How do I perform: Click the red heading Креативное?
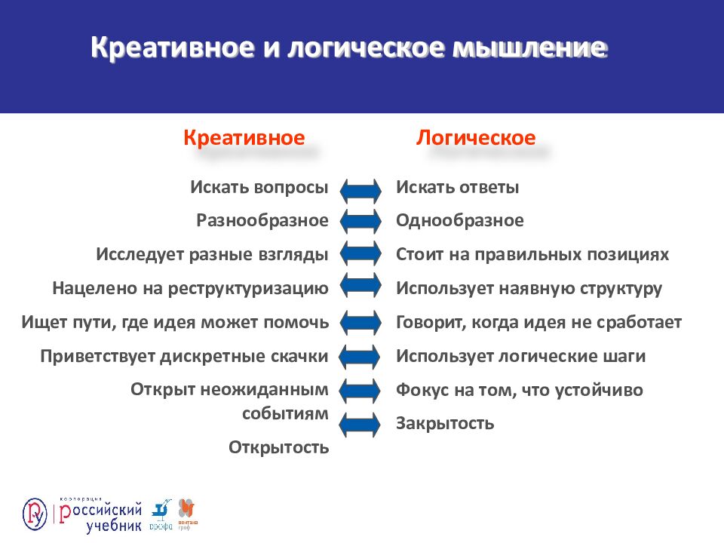coord(244,138)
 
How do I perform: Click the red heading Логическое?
coord(476,138)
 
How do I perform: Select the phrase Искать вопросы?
coord(259,188)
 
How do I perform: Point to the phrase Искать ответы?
coord(457,188)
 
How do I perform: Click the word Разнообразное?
coord(262,221)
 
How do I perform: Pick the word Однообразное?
coord(459,221)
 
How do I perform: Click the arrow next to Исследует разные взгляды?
coord(360,255)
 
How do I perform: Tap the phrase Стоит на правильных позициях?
coord(532,255)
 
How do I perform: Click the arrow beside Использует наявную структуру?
coord(360,289)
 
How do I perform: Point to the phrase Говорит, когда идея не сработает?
coord(538,323)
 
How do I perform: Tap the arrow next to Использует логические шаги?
coord(360,357)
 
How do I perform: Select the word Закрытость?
coord(445,423)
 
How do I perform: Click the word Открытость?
coord(279,448)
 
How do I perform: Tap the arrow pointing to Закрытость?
coord(360,424)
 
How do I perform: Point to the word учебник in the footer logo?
coord(113,525)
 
